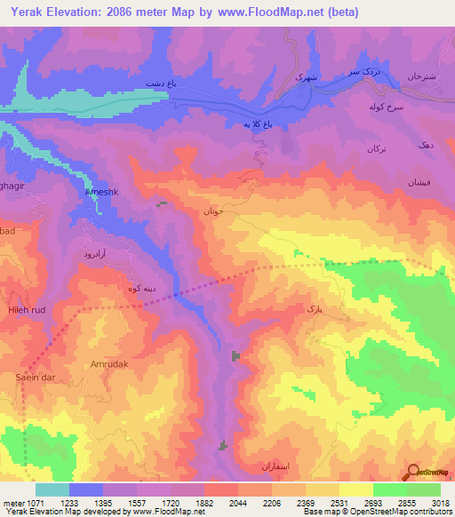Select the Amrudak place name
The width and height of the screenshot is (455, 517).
(x=109, y=364)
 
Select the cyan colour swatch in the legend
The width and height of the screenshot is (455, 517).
(x=52, y=489)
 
